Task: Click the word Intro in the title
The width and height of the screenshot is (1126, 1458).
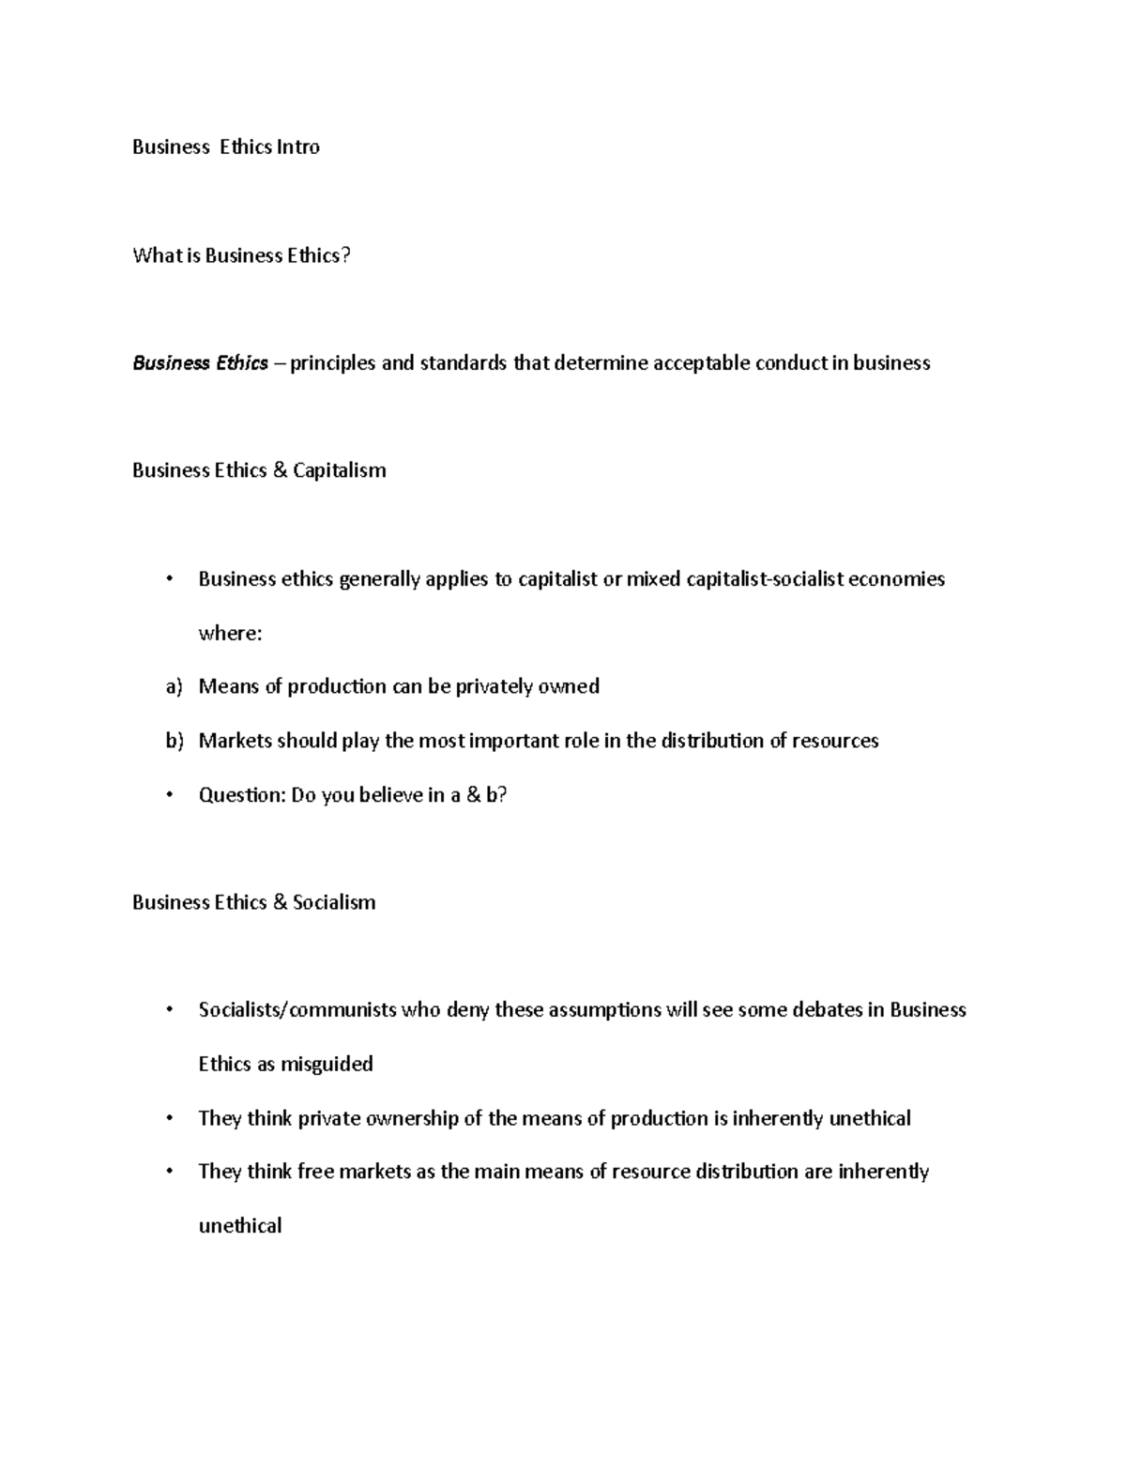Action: click(297, 146)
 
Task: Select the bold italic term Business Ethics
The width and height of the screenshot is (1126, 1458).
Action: click(200, 362)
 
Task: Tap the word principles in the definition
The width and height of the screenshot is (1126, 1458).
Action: click(332, 362)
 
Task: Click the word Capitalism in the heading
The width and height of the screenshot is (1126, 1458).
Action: click(339, 470)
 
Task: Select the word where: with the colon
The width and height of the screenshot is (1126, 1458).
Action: click(230, 633)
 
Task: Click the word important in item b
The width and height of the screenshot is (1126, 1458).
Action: click(513, 741)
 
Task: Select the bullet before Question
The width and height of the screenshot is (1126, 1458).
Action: click(169, 795)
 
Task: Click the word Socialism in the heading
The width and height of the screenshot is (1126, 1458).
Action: click(334, 902)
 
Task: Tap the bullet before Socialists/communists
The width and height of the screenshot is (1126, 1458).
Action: click(169, 1010)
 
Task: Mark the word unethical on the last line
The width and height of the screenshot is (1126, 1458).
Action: click(240, 1226)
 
